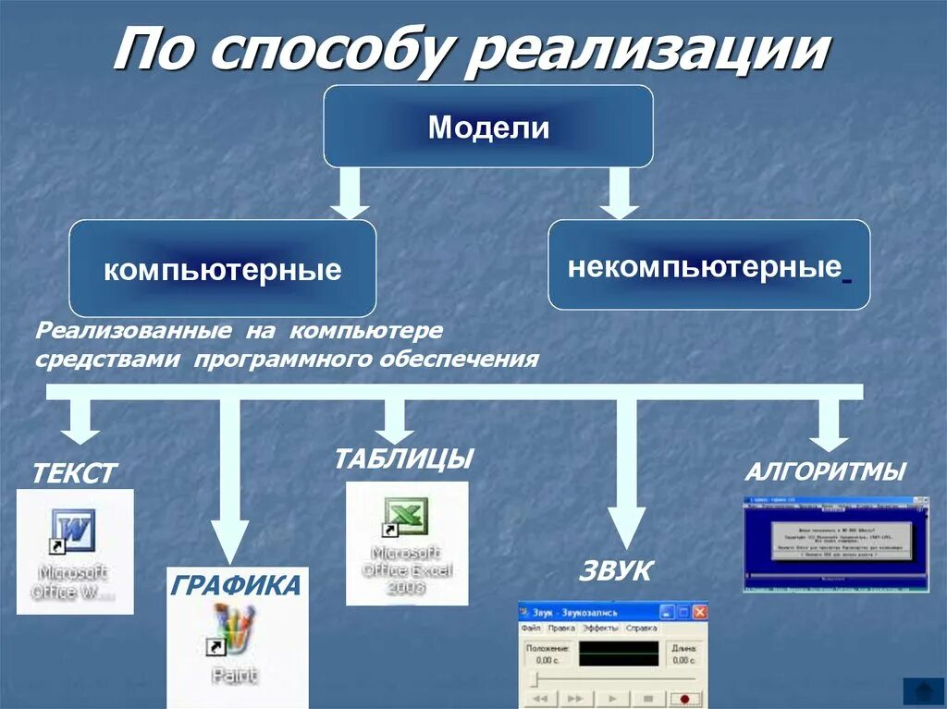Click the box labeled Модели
487,127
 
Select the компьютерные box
222,269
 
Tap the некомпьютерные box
708,265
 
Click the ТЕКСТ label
74,474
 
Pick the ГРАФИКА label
236,585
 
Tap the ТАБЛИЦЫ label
404,458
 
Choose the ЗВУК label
615,571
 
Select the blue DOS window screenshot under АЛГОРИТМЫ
836,544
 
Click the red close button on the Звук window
700,612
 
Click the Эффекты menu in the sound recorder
601,628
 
